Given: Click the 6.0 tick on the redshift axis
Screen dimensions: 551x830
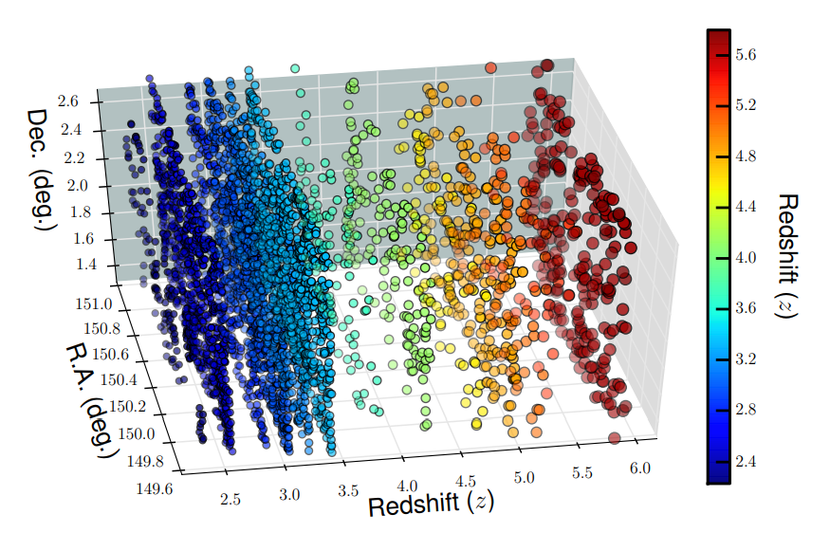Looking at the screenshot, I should [641, 468].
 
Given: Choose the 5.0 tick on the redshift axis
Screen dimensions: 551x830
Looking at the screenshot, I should [524, 476].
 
